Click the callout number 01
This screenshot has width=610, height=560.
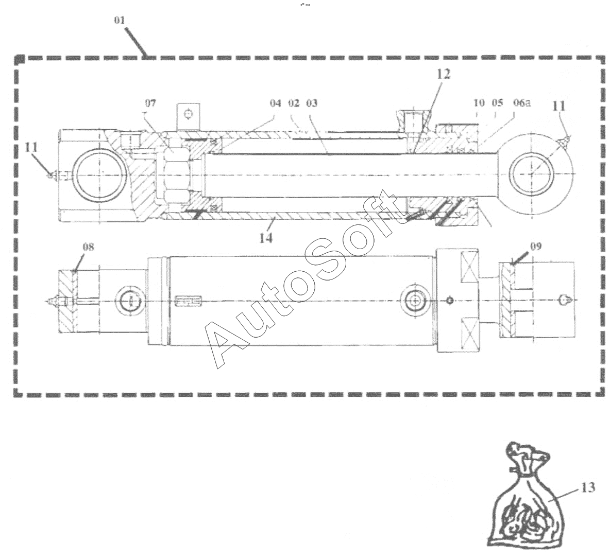120,21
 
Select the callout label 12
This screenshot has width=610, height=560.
444,74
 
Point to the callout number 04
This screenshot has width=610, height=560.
275,103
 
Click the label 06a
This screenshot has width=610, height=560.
521,103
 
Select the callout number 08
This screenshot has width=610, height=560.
88,247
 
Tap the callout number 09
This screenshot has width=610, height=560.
535,247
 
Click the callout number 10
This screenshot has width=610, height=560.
479,103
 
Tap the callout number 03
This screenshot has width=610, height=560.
311,103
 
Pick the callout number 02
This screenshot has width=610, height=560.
294,103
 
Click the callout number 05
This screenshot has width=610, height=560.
497,103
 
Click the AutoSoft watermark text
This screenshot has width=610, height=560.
304,278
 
